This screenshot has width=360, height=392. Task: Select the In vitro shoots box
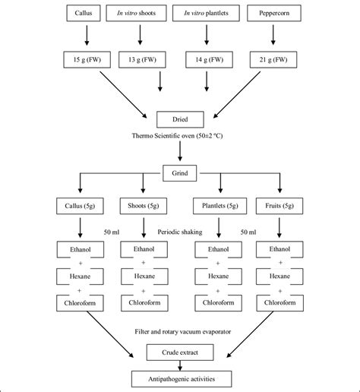tap(141, 14)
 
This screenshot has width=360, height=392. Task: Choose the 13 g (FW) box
tap(141, 59)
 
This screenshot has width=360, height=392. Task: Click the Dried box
tap(179, 119)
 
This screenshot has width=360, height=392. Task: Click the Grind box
tap(179, 173)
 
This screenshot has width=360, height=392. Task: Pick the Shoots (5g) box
tap(141, 205)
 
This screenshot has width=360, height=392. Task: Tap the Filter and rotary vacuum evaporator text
tap(179, 332)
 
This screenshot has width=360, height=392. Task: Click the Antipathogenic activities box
tap(179, 378)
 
